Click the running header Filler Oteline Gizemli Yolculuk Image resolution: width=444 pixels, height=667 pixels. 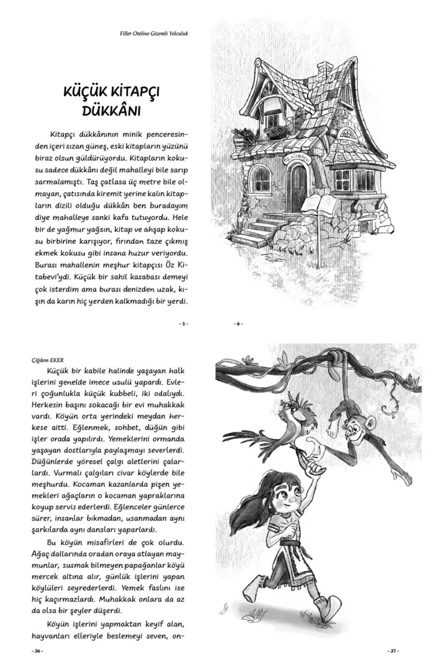pyautogui.click(x=153, y=33)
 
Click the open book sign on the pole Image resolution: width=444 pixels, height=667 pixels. pyautogui.click(x=319, y=205)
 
